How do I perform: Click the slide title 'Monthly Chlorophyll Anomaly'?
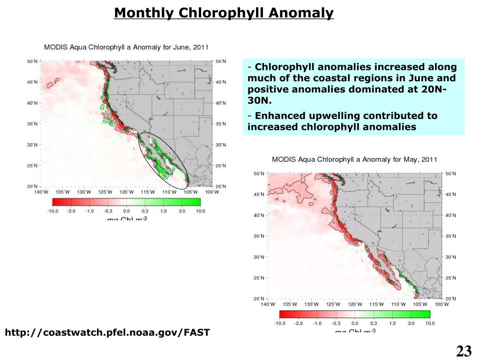224,13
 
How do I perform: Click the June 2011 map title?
126,47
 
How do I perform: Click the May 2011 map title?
354,159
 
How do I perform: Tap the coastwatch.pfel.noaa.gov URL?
107,333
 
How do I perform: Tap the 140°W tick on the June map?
42,192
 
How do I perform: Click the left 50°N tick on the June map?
32,61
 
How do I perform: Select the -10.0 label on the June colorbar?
53,211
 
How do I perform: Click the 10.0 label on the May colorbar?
430,323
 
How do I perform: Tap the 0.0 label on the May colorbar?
354,323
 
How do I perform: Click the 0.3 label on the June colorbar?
145,211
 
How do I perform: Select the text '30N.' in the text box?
259,101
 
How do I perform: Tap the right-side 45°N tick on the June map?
221,82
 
